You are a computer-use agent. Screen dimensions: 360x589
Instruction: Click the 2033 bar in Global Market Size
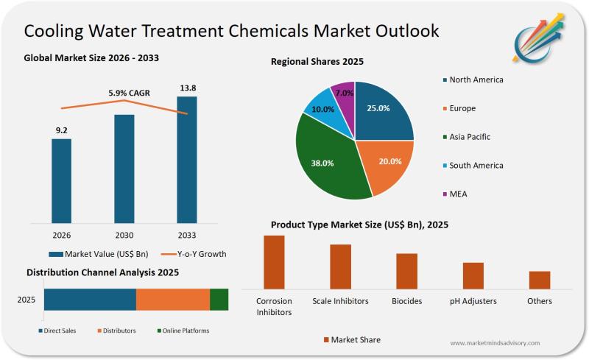tap(187, 158)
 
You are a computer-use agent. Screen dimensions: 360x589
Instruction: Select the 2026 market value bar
tap(62, 180)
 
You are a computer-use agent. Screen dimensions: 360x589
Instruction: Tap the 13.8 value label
tap(188, 88)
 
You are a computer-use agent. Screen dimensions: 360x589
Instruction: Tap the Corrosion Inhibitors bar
tap(274, 261)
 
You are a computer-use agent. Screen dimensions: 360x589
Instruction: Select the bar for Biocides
tap(406, 270)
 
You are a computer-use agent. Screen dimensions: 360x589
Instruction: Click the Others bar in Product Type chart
tap(540, 280)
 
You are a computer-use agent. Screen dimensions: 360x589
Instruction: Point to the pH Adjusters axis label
tap(473, 301)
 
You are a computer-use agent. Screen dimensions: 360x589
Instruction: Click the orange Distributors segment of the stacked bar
tap(173, 300)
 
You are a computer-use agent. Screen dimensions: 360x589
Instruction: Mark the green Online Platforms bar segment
tap(219, 300)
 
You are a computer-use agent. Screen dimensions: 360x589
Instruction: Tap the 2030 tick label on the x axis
tap(124, 235)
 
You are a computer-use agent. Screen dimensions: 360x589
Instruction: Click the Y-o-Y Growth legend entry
tap(194, 254)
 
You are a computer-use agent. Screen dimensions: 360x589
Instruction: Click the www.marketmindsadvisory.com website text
tap(494, 343)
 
